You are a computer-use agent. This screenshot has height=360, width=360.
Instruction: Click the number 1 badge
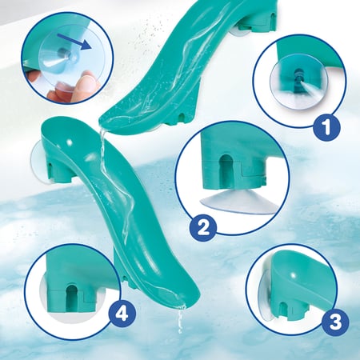coord(326,127)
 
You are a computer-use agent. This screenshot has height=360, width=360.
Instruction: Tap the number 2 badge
coord(203,228)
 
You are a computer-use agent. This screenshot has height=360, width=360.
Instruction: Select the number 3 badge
coord(335,321)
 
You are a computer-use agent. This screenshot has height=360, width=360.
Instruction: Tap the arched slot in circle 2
coord(226,166)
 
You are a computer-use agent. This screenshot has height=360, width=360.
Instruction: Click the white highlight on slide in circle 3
coord(294,275)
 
